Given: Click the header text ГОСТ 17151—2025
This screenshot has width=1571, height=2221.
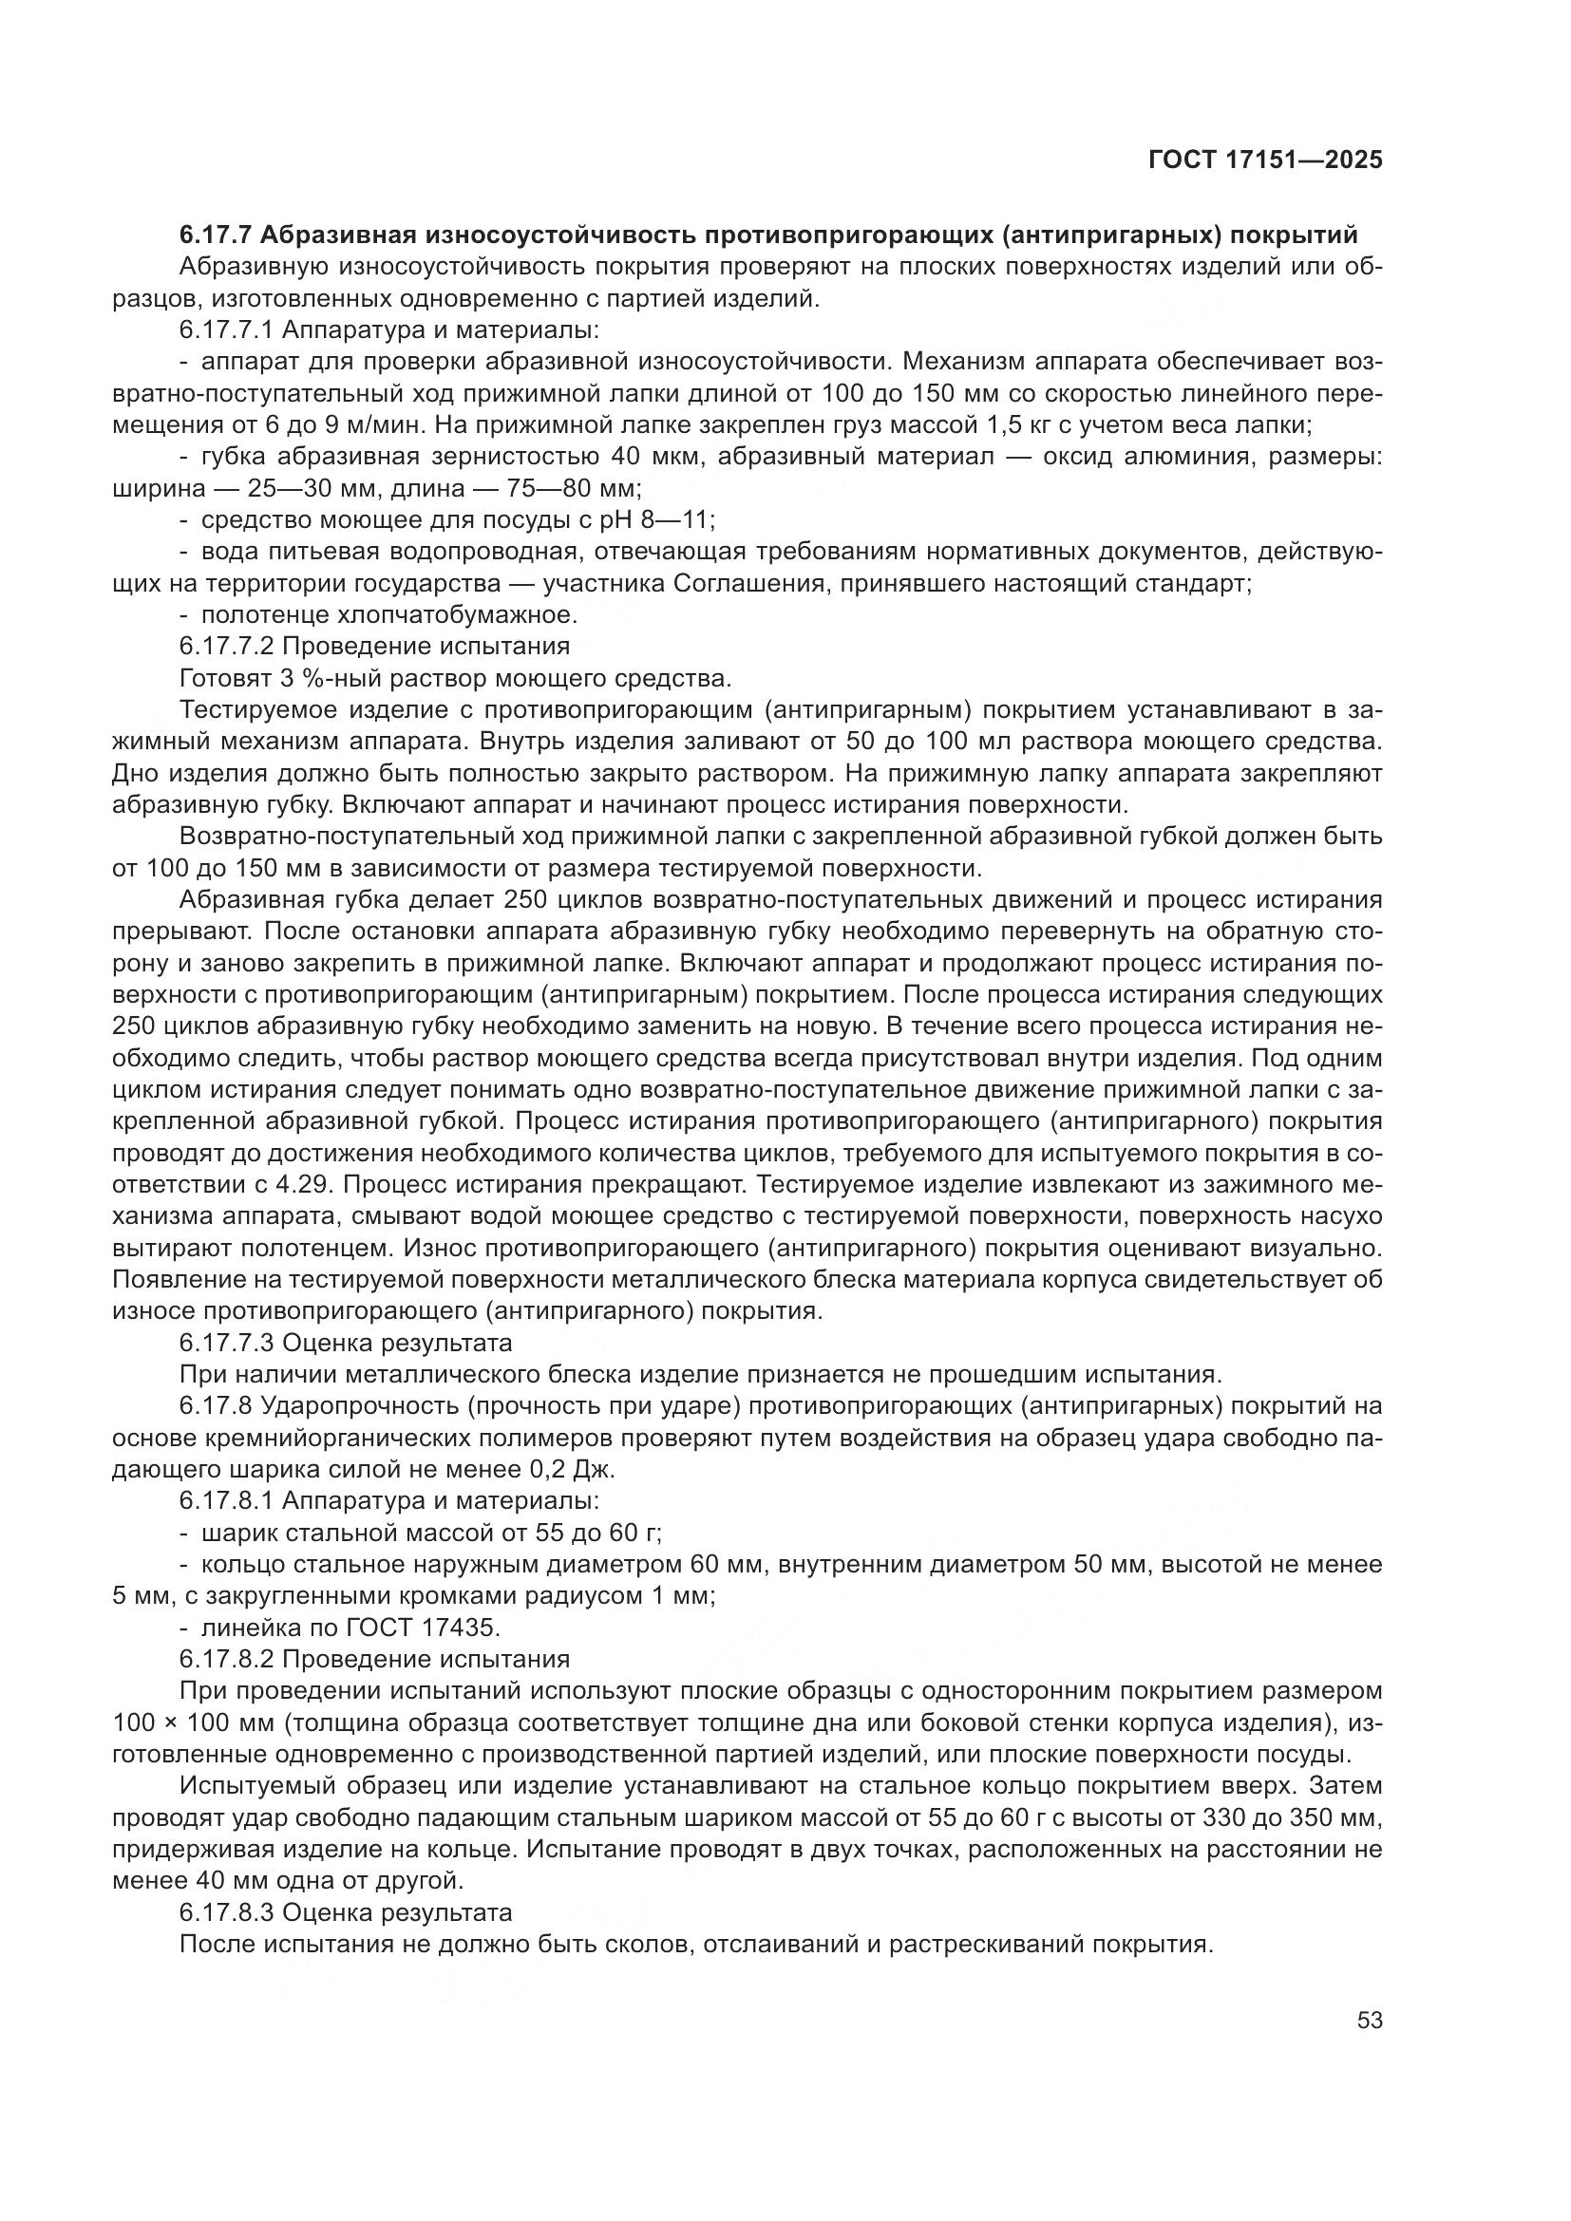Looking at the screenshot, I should [1264, 160].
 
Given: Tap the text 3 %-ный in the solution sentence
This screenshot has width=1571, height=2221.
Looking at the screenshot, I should [315, 676].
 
